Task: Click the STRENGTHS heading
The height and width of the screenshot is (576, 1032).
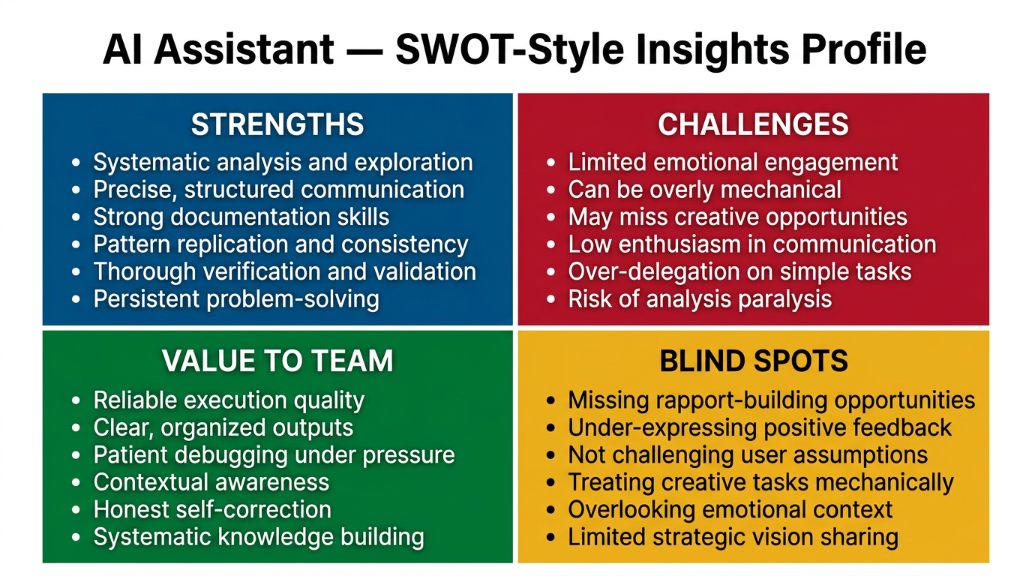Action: (277, 124)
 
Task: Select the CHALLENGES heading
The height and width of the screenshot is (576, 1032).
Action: (753, 124)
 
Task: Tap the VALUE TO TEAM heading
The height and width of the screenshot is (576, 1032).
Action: (277, 361)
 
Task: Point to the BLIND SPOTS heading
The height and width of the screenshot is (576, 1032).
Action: (753, 361)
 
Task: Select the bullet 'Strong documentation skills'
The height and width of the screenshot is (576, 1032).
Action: (241, 217)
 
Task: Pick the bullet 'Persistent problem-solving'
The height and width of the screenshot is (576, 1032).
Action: (235, 298)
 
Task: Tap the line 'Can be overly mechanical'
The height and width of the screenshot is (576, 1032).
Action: (704, 190)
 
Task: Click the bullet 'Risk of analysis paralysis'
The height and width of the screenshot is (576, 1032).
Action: (700, 298)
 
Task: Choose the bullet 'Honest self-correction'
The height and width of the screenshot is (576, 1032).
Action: (212, 510)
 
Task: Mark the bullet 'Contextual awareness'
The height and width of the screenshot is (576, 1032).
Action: (211, 482)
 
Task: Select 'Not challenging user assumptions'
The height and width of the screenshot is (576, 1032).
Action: (748, 455)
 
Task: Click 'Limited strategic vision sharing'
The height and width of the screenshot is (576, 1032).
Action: (733, 537)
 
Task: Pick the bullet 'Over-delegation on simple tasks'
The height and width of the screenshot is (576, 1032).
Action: (739, 271)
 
